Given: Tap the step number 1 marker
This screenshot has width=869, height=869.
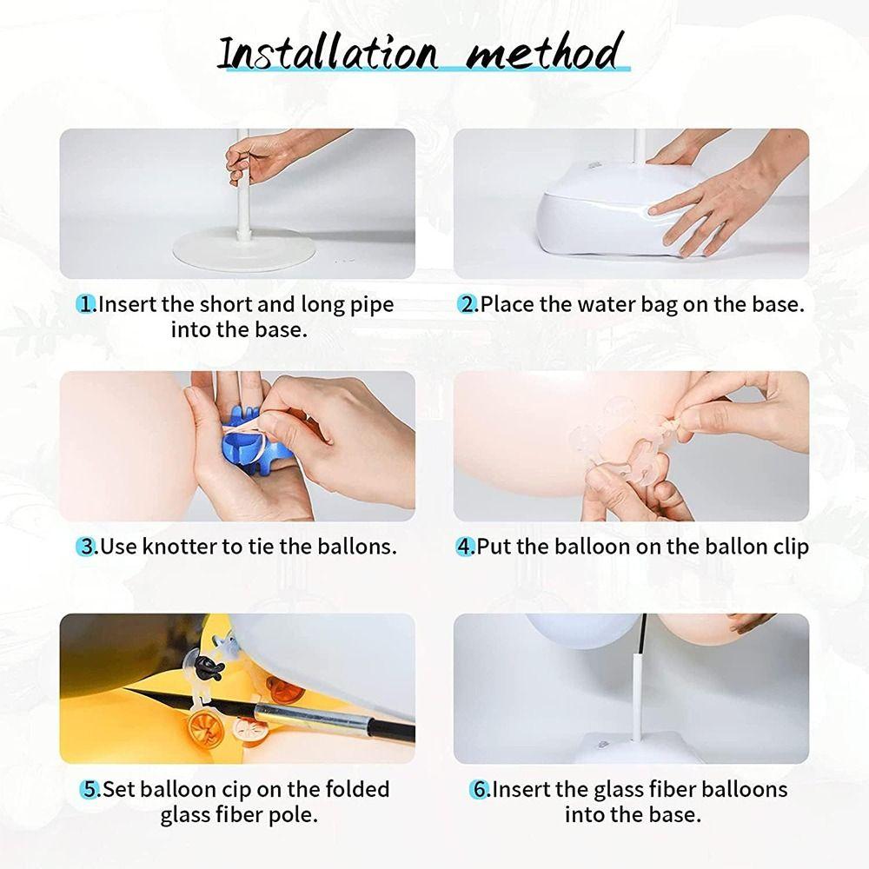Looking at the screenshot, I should click(86, 305).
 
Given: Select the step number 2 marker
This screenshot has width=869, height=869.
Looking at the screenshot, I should click(468, 305).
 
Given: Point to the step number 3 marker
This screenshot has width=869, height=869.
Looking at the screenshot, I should click(87, 547).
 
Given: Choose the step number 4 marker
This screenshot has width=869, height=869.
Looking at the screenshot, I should click(466, 547).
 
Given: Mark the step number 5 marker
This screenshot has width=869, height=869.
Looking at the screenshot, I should click(90, 789).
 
